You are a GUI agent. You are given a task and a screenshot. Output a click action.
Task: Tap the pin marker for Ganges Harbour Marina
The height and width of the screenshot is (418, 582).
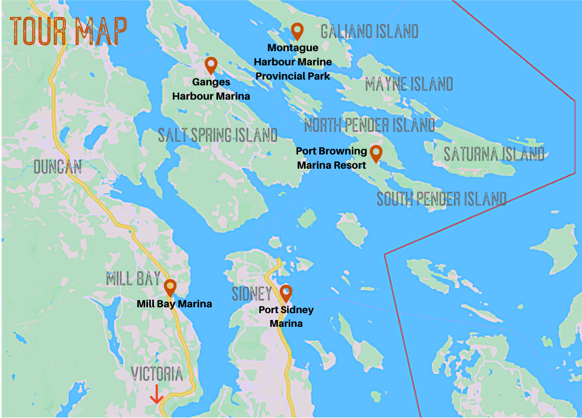coord(211,65)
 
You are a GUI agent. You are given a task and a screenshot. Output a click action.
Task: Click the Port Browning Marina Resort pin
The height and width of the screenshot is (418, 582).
coord(376,153)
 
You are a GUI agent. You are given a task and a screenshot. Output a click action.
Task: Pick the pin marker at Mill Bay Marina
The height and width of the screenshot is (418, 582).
coord(170,287)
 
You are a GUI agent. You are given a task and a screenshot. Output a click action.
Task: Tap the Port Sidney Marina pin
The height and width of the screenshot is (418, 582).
coord(286,293)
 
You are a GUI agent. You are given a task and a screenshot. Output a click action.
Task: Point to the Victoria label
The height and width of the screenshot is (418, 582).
coord(157,374)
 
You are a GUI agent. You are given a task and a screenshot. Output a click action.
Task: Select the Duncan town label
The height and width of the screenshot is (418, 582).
coord(57,167)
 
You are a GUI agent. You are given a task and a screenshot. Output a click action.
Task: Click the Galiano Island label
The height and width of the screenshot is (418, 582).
coord(369,32)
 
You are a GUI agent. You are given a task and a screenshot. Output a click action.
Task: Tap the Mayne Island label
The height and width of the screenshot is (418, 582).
coord(409,84)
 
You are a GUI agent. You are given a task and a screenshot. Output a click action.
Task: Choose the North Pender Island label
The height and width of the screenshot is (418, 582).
coord(370,125)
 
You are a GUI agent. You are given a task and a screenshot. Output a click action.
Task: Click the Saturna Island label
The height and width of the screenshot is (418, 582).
coord(494,154)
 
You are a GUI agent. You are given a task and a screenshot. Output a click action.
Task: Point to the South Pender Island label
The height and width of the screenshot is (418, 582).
coord(441,199)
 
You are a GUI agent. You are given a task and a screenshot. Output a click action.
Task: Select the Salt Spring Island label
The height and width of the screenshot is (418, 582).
coord(218,135)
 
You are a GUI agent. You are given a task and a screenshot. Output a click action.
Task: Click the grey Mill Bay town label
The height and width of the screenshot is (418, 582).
coord(133,278)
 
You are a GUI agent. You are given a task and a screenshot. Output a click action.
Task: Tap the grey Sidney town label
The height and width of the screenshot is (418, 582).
coord(252,294)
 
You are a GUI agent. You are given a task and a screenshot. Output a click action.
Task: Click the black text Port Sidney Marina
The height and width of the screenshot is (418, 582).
coord(286,316)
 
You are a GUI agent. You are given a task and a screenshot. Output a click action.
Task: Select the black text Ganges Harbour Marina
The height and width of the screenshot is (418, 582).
coord(211,89)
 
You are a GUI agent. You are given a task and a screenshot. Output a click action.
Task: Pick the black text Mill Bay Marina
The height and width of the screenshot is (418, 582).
coord(174,304)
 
